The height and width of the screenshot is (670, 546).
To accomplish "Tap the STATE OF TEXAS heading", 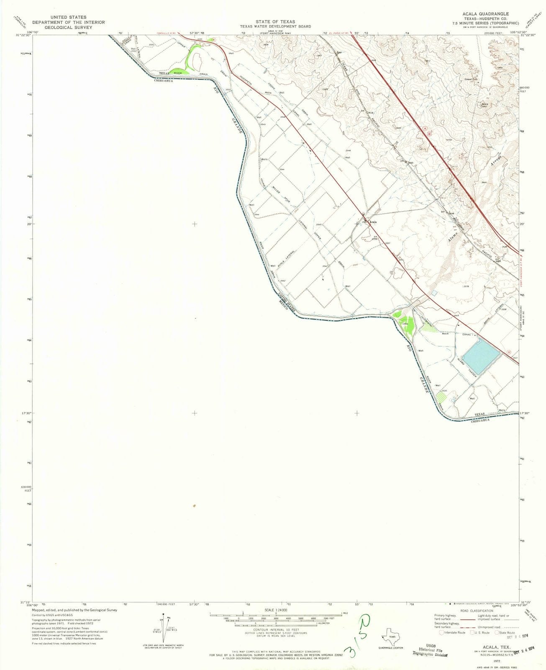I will (275, 22).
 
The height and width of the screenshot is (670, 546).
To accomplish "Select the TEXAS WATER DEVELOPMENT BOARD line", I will (275, 26).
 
